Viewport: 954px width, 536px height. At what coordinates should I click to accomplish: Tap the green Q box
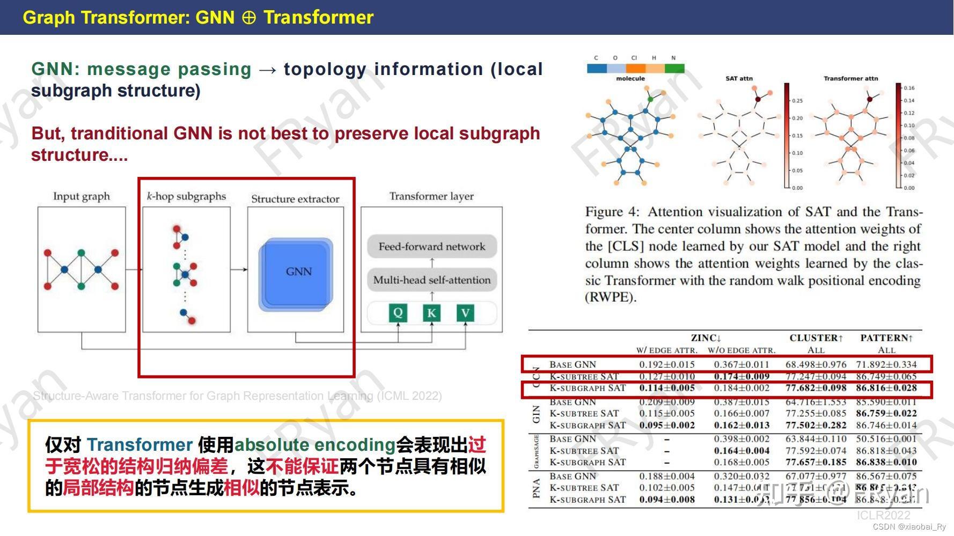[x=398, y=313]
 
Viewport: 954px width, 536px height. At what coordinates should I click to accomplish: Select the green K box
[x=431, y=313]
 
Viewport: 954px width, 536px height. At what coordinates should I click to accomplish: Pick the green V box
[x=465, y=313]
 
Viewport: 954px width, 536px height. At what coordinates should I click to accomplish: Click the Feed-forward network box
[x=431, y=247]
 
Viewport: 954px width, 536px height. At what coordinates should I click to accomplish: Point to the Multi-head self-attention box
[x=431, y=280]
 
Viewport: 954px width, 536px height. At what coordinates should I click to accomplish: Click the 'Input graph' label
[x=82, y=196]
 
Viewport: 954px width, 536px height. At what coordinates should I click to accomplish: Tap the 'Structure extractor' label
[x=295, y=199]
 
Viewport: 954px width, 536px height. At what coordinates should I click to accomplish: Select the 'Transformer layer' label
[x=431, y=196]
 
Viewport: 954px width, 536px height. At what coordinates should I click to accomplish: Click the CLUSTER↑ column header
[x=816, y=338]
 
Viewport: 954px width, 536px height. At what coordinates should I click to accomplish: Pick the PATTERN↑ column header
[x=886, y=338]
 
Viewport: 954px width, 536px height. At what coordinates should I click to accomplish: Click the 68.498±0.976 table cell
[x=816, y=364]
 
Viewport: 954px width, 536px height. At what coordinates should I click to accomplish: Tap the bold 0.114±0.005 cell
[x=667, y=388]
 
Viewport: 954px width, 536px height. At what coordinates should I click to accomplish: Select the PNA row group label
[x=536, y=488]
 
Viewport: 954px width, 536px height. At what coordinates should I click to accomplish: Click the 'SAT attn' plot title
[x=739, y=78]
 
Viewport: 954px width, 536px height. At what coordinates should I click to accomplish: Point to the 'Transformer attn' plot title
[x=850, y=78]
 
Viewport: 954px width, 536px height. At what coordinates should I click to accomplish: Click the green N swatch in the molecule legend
[x=674, y=69]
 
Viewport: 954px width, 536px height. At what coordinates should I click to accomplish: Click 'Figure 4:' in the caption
[x=612, y=212]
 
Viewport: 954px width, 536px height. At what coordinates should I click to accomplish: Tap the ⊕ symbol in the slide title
[x=248, y=18]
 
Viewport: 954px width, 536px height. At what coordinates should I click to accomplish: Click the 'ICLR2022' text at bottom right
[x=883, y=515]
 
